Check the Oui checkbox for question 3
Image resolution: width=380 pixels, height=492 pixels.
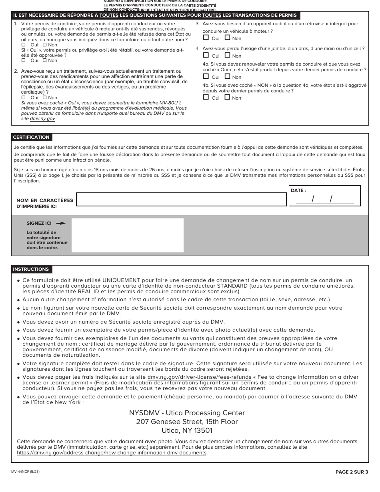click(x=206, y=38)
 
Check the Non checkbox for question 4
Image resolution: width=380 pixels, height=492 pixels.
click(x=227, y=55)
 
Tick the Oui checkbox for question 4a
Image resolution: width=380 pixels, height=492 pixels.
click(x=206, y=76)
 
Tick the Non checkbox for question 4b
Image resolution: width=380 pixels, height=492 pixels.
click(x=227, y=97)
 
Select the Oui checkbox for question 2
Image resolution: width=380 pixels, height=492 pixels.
click(x=23, y=97)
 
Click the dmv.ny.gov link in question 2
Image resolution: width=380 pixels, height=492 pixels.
click(x=42, y=119)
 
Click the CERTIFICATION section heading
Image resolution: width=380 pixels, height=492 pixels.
click(x=31, y=137)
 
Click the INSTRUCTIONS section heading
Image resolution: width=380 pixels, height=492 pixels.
click(x=31, y=269)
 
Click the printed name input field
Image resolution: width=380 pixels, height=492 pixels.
click(x=181, y=199)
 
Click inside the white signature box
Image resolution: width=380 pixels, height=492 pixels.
click(x=127, y=235)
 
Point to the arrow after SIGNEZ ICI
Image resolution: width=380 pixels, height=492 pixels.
click(x=61, y=223)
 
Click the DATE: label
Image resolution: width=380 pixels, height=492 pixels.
click(x=298, y=190)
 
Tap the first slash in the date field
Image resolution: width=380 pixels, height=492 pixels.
click(x=313, y=199)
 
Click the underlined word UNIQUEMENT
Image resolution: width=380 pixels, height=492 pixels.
click(x=121, y=280)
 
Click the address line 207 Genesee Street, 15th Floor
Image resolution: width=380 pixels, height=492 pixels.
click(x=187, y=422)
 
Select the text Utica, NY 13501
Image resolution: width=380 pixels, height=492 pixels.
click(x=187, y=431)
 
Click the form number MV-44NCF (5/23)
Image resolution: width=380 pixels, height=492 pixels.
click(x=26, y=472)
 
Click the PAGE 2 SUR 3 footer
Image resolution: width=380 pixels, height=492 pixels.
click(x=352, y=472)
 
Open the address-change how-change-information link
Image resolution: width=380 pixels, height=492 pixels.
click(x=112, y=453)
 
